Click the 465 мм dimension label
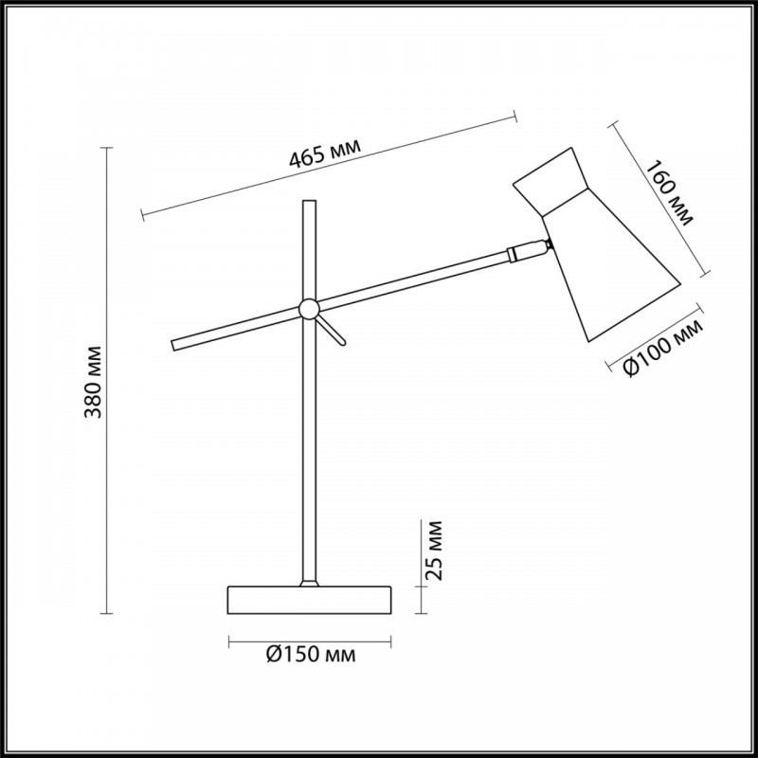click(325, 152)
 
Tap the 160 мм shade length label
click(670, 193)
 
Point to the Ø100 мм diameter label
click(663, 348)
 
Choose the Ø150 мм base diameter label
click(311, 655)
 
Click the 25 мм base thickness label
click(434, 550)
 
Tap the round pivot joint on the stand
click(309, 309)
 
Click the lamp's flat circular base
click(309, 600)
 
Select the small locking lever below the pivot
click(332, 331)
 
